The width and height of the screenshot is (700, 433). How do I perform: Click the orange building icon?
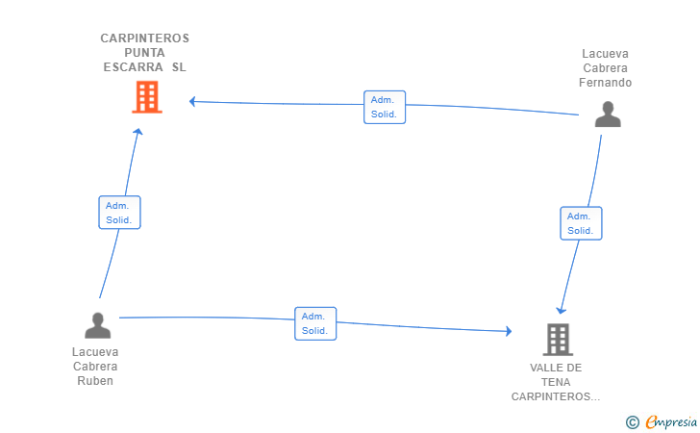tap(147, 97)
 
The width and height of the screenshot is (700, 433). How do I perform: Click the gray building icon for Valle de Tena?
tap(558, 339)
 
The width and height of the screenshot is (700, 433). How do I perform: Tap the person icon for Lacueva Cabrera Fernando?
tap(608, 115)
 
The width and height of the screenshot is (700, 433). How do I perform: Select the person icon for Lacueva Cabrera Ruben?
tap(98, 325)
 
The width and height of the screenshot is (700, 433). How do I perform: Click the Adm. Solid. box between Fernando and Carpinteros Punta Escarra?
tap(385, 107)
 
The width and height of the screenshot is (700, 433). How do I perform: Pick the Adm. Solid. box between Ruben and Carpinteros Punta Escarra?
tap(119, 213)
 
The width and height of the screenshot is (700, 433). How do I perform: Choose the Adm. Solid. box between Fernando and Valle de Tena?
tap(581, 223)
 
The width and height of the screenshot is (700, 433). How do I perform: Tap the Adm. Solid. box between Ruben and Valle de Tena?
tap(315, 323)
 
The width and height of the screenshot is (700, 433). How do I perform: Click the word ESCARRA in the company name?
tap(133, 67)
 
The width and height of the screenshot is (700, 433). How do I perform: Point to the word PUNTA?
tap(144, 53)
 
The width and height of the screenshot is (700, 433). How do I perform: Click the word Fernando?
tap(605, 83)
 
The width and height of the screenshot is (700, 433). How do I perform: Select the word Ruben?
tap(95, 381)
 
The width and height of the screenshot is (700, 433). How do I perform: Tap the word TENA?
tap(556, 383)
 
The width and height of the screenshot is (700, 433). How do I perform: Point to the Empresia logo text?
tap(671, 421)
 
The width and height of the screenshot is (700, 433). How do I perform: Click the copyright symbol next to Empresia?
tap(633, 422)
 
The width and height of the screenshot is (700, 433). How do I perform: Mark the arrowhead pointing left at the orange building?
tap(192, 101)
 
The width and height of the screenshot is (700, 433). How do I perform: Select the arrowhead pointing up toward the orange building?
tap(138, 132)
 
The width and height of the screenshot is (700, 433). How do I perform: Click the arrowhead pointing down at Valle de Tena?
tap(562, 310)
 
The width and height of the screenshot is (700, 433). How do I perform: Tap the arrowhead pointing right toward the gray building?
tap(509, 331)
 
